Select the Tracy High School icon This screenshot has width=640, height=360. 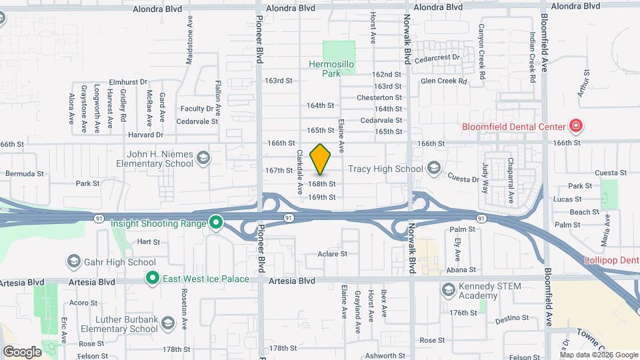(435, 167)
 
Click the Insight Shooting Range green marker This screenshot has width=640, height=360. (215, 223)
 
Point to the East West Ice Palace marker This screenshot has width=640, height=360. (152, 278)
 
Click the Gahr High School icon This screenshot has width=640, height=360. (73, 261)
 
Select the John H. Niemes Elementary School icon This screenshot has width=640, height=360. (203, 158)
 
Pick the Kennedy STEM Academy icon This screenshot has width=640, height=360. (447, 289)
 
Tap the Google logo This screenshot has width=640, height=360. (22, 351)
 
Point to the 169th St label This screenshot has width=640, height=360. (321, 197)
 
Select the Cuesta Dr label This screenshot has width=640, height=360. (463, 179)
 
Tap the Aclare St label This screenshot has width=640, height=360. (333, 253)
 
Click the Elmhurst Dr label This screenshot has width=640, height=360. (128, 81)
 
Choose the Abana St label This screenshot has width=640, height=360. (462, 270)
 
